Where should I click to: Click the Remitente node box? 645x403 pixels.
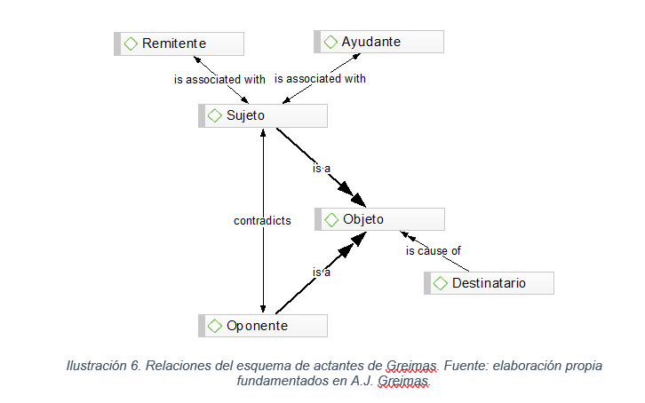point(179,43)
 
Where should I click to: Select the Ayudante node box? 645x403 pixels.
point(378,42)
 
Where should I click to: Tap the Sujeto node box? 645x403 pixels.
point(262,116)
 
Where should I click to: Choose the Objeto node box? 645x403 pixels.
point(379,219)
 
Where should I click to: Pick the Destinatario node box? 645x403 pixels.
point(489,283)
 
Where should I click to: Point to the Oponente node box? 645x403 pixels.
point(262,326)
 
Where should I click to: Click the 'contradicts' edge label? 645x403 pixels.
point(262,220)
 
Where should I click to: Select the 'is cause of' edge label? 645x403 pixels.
point(434,251)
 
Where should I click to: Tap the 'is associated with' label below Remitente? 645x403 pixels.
point(219,79)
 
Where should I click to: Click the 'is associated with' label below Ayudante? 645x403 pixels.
point(320,78)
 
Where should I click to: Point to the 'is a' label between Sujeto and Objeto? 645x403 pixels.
point(321,169)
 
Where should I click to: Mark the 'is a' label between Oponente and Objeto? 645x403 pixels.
point(321,273)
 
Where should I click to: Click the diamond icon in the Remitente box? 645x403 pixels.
point(131,43)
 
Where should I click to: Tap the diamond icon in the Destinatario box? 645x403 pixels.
point(441,283)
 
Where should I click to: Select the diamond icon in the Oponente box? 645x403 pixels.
point(214,326)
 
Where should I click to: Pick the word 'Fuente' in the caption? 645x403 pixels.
point(463,366)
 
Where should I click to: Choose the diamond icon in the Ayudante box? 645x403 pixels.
point(330,42)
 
